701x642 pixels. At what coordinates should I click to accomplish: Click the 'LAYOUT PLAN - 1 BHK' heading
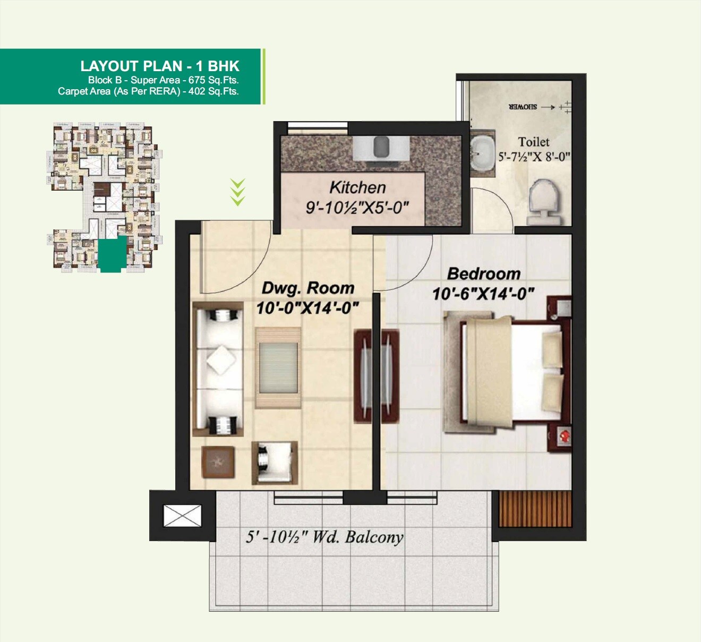pyautogui.click(x=160, y=66)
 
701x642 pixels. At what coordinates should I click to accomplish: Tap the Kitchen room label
pyautogui.click(x=357, y=187)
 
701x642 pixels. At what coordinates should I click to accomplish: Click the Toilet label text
pyautogui.click(x=533, y=142)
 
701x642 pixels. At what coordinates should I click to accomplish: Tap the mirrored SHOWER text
pyautogui.click(x=523, y=107)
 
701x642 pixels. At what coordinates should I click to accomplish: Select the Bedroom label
pyautogui.click(x=483, y=273)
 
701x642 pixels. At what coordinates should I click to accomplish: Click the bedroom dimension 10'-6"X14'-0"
pyautogui.click(x=483, y=294)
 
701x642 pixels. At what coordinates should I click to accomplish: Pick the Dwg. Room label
pyautogui.click(x=308, y=288)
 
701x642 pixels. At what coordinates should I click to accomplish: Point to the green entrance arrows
pyautogui.click(x=237, y=192)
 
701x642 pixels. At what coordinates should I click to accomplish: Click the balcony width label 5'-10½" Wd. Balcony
pyautogui.click(x=324, y=537)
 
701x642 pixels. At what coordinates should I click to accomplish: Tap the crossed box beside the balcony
pyautogui.click(x=182, y=516)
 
